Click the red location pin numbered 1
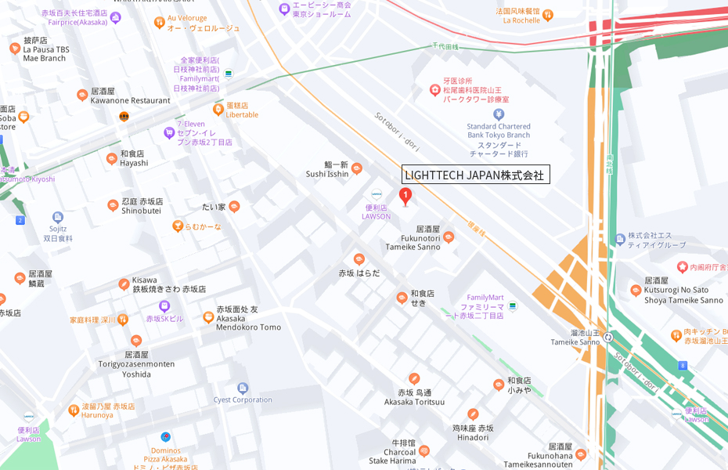click(x=405, y=196)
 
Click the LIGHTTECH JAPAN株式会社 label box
click(x=475, y=175)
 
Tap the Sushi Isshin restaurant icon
click(x=357, y=168)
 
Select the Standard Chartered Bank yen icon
click(x=499, y=114)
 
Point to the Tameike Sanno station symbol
click(x=607, y=337)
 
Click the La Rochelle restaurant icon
click(x=547, y=14)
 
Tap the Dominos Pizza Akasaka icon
click(x=166, y=437)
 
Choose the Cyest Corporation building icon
click(x=243, y=388)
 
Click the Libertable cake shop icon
click(x=218, y=109)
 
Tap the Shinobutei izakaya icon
click(x=113, y=205)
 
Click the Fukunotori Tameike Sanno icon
click(x=449, y=237)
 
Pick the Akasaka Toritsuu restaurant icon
click(x=414, y=379)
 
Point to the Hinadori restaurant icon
click(x=473, y=414)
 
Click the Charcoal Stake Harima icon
click(x=424, y=450)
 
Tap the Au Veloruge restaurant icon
click(x=160, y=22)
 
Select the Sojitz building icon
click(x=58, y=217)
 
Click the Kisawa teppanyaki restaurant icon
click(x=124, y=284)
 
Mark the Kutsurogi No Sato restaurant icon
click(x=636, y=291)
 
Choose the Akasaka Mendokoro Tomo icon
click(x=208, y=317)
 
